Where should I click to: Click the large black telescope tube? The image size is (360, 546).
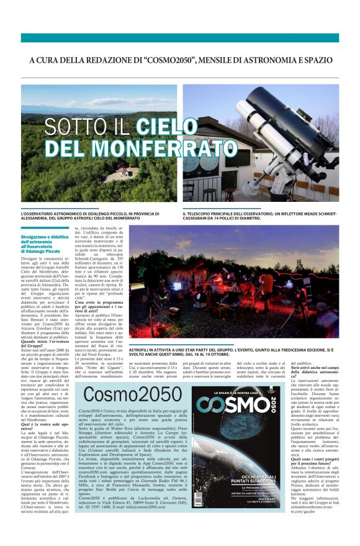click(x=295, y=115)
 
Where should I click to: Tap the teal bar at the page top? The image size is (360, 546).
click(x=180, y=37)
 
